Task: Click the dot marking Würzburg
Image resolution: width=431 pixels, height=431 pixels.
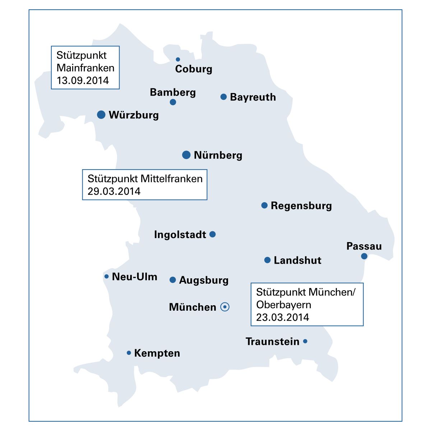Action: [101, 115]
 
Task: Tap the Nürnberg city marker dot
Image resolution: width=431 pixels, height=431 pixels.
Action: [186, 155]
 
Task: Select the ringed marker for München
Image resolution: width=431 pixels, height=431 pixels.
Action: [225, 307]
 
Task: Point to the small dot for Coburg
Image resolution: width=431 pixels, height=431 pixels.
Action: [178, 59]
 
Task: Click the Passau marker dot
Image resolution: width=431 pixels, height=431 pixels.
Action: [364, 256]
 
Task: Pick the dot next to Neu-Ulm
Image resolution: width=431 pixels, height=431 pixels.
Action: [106, 276]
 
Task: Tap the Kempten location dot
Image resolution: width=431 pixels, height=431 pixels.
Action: [129, 353]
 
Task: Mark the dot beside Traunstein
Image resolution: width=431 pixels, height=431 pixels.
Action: [305, 341]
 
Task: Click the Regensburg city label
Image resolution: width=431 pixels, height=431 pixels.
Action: [301, 206]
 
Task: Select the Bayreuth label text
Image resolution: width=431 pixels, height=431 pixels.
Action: [253, 97]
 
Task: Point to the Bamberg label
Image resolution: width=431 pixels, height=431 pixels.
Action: [173, 92]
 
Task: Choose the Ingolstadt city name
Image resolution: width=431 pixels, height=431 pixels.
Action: [180, 235]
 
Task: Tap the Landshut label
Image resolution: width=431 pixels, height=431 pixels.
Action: [297, 260]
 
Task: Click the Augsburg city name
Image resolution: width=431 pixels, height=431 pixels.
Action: [204, 280]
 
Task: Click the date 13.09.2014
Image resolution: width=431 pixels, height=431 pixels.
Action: [83, 80]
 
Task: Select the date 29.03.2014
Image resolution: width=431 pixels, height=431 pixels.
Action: [114, 191]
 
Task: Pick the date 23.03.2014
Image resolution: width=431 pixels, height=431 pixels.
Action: [283, 317]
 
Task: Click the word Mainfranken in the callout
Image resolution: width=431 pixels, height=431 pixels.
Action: [85, 68]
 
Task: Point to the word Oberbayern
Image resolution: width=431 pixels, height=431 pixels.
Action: [284, 305]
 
